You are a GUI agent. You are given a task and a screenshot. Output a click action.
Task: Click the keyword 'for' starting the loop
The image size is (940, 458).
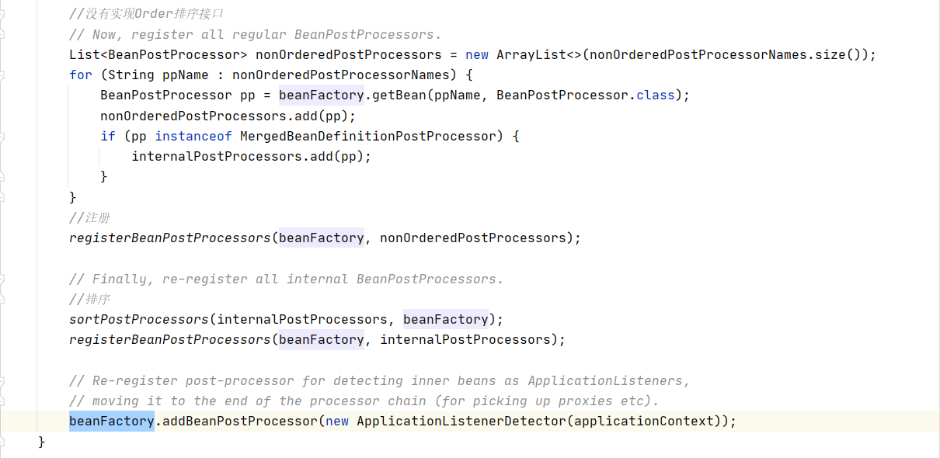click(x=80, y=75)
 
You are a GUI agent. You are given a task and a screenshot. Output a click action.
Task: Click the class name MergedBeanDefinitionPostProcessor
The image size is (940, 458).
click(x=367, y=136)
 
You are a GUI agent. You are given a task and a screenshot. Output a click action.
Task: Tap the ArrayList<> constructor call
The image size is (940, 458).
click(x=538, y=55)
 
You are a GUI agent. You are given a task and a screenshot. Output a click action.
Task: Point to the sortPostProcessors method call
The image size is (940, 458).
click(x=139, y=319)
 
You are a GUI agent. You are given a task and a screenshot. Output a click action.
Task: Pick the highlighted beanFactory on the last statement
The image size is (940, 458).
click(x=111, y=422)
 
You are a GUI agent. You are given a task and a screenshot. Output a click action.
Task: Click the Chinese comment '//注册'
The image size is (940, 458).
click(x=89, y=218)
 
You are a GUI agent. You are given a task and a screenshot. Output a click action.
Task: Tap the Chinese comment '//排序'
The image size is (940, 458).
click(x=89, y=299)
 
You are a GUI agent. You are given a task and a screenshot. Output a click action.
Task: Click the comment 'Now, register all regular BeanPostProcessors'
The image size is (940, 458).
click(x=255, y=35)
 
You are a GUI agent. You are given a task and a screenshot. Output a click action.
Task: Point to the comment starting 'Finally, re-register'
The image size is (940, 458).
click(x=286, y=279)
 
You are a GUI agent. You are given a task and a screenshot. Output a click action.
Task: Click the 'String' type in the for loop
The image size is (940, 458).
click(x=131, y=75)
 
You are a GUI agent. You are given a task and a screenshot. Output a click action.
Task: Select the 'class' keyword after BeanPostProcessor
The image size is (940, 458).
click(x=655, y=95)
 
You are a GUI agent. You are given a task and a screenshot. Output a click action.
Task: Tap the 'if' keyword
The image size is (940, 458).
click(x=107, y=136)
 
